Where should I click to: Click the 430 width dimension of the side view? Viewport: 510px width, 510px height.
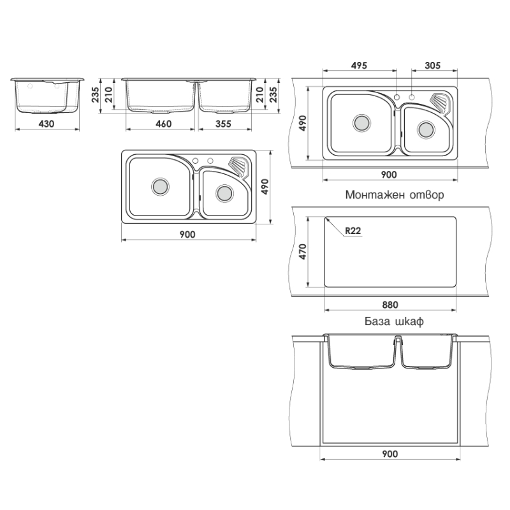coord(47,124)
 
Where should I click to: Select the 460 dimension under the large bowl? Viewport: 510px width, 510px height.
coord(163,124)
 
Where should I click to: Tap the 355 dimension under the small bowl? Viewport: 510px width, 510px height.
coord(224,124)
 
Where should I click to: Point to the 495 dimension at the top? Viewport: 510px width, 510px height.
coord(359,66)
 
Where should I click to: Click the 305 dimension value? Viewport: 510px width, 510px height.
coord(433,66)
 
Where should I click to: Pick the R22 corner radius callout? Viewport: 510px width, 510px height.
coord(353,231)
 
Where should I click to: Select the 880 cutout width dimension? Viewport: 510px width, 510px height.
coord(390,305)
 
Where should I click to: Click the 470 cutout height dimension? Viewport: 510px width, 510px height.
coord(302,251)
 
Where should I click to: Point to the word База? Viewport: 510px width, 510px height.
coord(377,321)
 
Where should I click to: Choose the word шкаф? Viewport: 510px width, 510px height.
coord(409,322)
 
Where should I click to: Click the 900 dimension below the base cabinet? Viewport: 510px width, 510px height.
coord(390,454)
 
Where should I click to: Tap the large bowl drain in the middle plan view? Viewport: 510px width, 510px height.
coord(160,186)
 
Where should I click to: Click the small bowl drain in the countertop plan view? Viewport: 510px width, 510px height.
coord(426,130)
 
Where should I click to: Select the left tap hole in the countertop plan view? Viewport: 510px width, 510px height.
coord(397,97)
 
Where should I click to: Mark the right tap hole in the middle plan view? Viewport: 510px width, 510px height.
coord(210,161)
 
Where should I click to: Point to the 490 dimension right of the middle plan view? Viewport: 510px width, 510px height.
coord(265,187)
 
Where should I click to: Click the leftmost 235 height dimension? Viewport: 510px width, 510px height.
coord(95,94)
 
